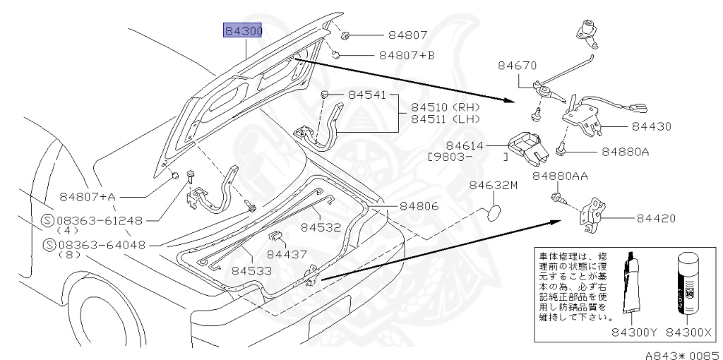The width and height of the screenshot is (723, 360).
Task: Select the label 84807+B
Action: [x=407, y=54]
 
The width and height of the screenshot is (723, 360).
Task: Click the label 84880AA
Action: [x=561, y=176]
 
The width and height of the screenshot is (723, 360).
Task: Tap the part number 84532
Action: [x=321, y=227]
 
